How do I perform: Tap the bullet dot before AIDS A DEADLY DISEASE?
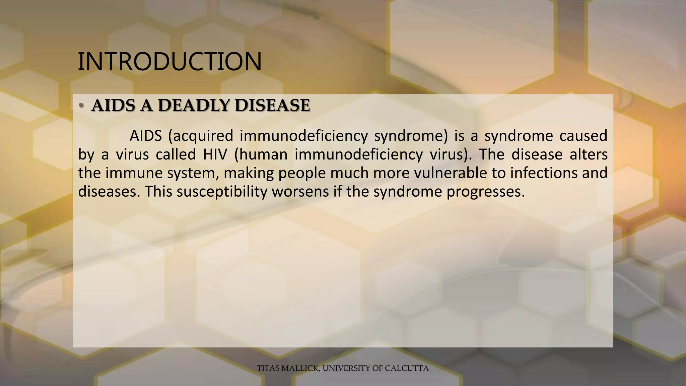[x=81, y=106]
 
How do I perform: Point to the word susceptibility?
[x=221, y=192]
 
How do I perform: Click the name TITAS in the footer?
[x=268, y=368]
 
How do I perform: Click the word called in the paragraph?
[x=176, y=155]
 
